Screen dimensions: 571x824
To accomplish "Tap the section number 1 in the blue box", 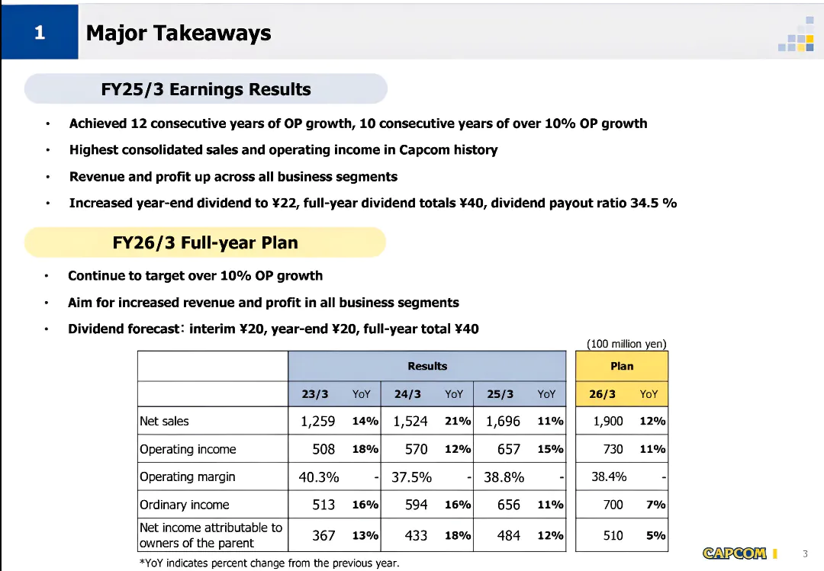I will (x=40, y=33).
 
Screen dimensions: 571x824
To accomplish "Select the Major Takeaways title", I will (x=179, y=34).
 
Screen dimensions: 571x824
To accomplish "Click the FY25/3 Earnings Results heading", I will (x=206, y=89).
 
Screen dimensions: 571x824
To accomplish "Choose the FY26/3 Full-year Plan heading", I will (x=205, y=243).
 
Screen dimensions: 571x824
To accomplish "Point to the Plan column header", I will (x=622, y=366).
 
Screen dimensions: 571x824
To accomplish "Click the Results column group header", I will (x=427, y=366).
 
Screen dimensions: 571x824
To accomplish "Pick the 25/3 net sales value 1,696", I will (x=503, y=422).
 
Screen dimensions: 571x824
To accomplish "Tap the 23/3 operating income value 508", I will (x=323, y=449).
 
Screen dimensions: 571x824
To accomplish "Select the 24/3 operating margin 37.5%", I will (x=411, y=477).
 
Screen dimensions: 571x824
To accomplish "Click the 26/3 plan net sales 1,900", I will (x=608, y=422).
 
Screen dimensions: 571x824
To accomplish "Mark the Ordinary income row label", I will (x=184, y=505).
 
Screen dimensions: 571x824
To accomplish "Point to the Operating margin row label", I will (x=187, y=477).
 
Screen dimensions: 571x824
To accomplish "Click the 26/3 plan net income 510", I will (x=613, y=535).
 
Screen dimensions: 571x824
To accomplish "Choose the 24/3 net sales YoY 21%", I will (x=458, y=422).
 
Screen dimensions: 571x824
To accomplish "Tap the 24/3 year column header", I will (x=407, y=394).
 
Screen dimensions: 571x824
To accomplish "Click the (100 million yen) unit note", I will (x=626, y=344).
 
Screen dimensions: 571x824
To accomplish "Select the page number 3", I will (x=805, y=553).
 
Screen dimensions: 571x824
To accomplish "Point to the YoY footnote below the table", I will (x=269, y=563).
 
